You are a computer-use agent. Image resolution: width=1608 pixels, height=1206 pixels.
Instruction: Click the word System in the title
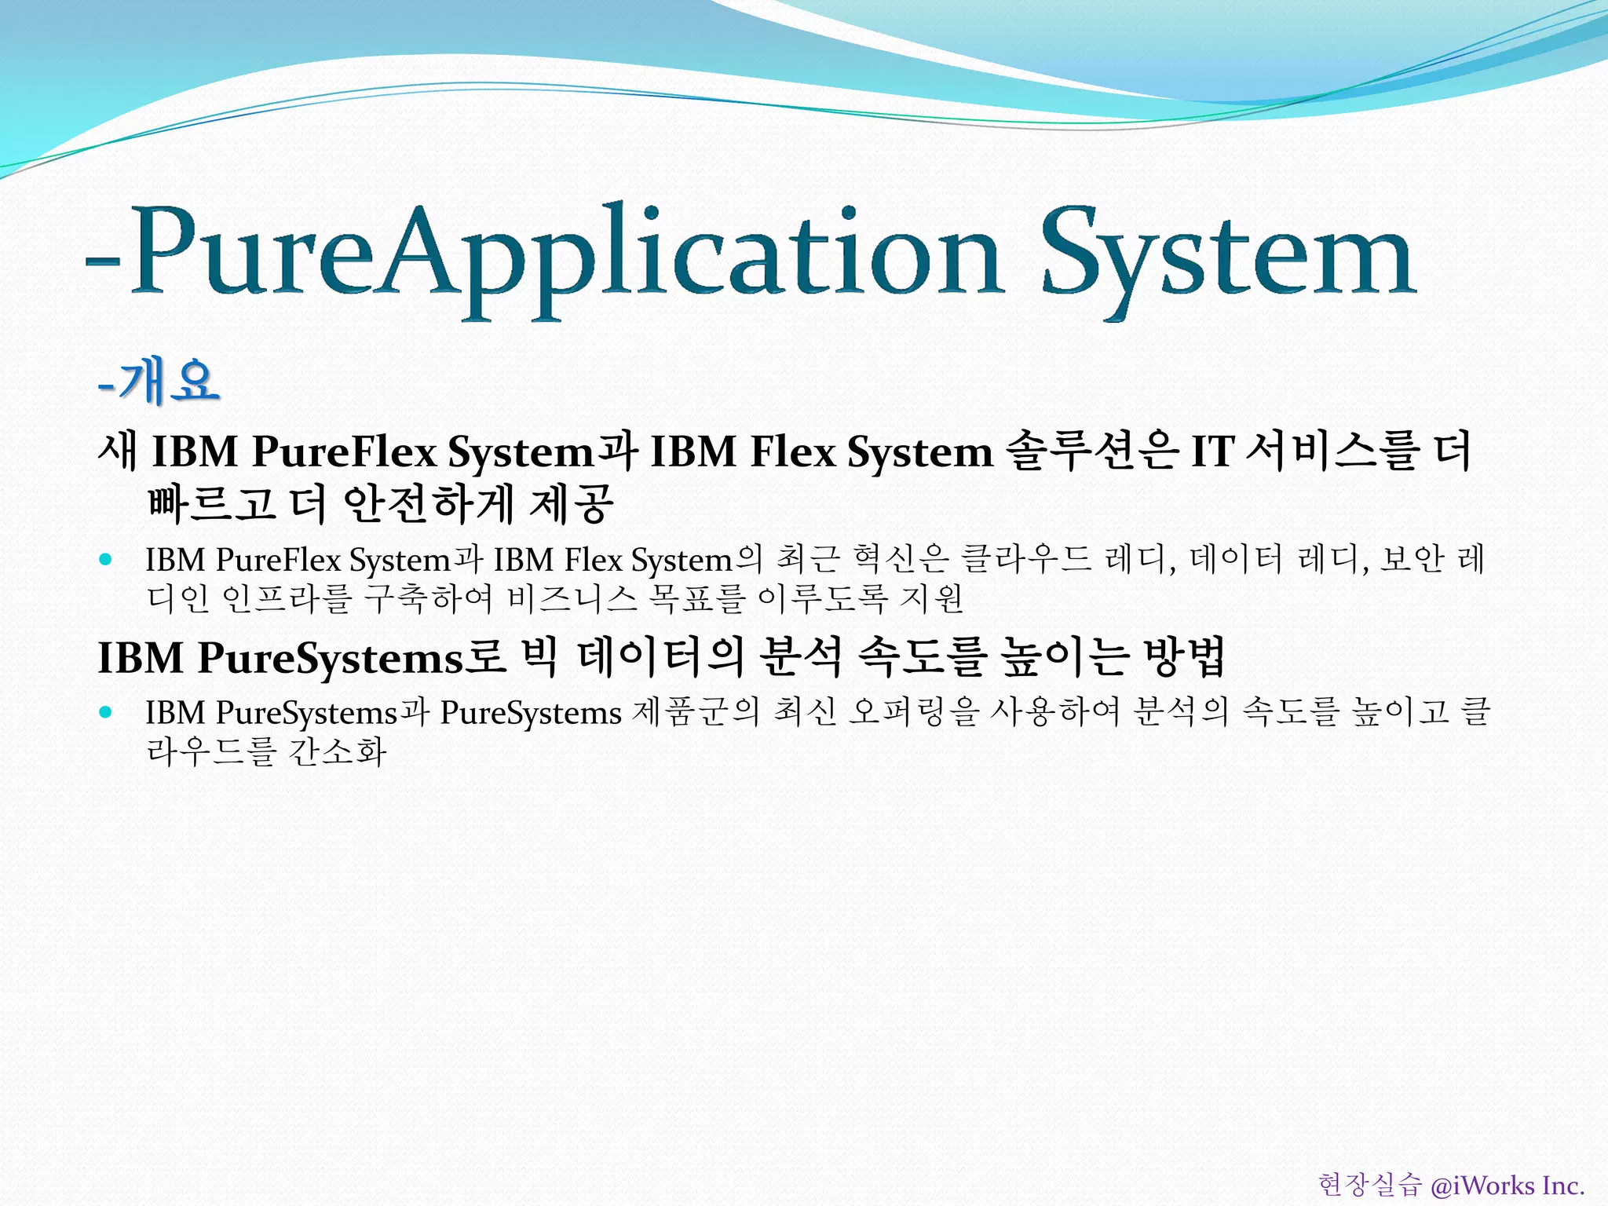click(1229, 255)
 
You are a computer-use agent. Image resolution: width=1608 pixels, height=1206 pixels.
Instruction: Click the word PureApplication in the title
click(565, 255)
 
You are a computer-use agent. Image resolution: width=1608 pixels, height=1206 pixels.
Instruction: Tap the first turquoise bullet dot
click(106, 560)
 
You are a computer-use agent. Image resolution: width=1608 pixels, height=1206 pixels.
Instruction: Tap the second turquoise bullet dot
click(106, 712)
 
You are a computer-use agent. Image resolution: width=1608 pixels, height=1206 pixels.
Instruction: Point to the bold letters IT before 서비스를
click(1213, 452)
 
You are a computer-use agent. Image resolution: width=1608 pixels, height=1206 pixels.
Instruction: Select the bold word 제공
click(572, 503)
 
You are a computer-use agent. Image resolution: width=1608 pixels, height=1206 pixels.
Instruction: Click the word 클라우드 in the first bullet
click(1027, 560)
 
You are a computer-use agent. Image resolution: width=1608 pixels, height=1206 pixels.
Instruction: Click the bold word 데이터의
click(660, 657)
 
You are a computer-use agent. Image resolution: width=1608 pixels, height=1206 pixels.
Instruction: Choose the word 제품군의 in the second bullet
click(696, 712)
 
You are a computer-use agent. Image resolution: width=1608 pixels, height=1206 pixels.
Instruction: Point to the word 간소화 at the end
click(338, 751)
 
